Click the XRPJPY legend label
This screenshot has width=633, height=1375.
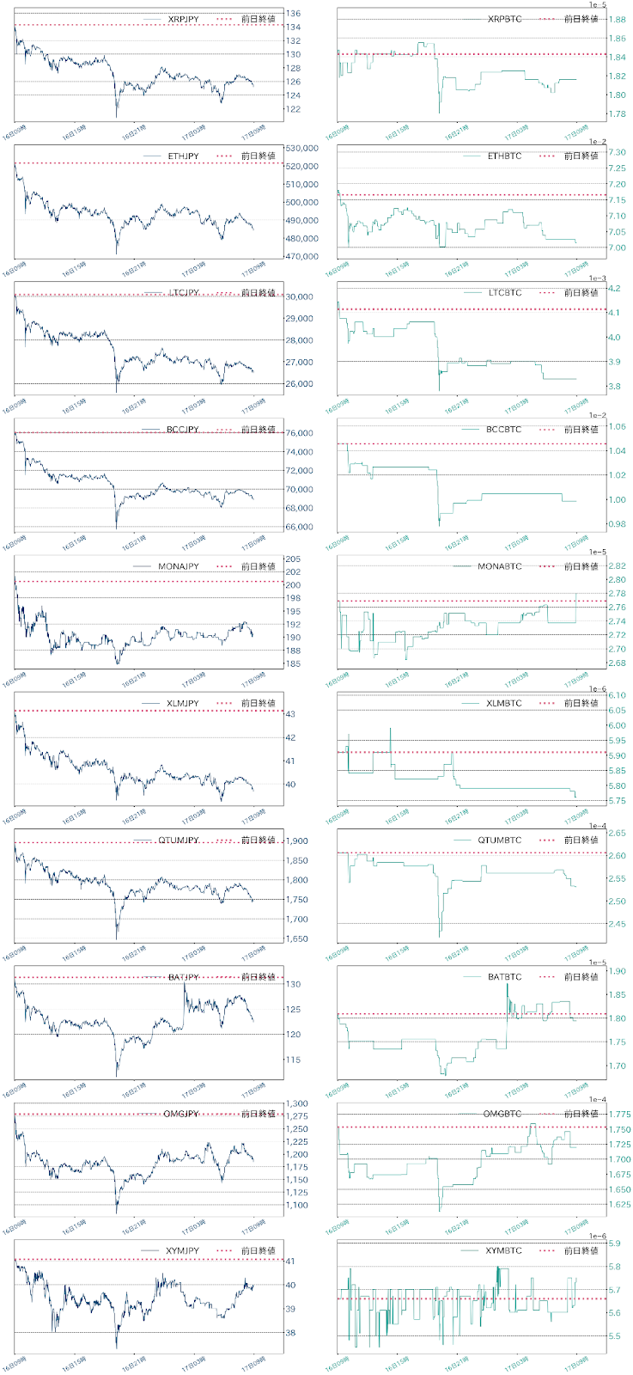click(x=183, y=19)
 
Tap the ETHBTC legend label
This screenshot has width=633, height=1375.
click(x=504, y=156)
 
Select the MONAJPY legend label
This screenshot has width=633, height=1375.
click(x=179, y=566)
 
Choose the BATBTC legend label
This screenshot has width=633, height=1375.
click(x=504, y=977)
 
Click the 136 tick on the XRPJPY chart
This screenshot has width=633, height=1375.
click(x=293, y=14)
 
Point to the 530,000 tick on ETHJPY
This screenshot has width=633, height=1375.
click(x=301, y=148)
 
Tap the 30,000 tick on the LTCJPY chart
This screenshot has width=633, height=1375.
click(x=299, y=296)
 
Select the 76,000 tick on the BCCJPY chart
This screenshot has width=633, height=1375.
click(x=299, y=433)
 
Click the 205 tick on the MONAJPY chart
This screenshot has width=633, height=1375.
click(x=293, y=559)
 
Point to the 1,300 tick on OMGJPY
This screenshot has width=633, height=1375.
click(x=297, y=1104)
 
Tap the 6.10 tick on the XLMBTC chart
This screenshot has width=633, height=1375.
click(x=616, y=695)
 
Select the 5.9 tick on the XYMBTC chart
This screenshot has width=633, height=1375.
click(x=614, y=1244)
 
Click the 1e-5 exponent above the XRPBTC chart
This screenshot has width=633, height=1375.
click(x=593, y=5)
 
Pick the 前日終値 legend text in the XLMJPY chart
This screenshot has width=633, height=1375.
click(x=258, y=703)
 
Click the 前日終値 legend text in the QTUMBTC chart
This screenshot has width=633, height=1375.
click(x=581, y=840)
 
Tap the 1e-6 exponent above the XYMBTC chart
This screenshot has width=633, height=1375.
click(x=593, y=1236)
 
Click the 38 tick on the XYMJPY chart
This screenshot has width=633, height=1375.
click(x=290, y=1333)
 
